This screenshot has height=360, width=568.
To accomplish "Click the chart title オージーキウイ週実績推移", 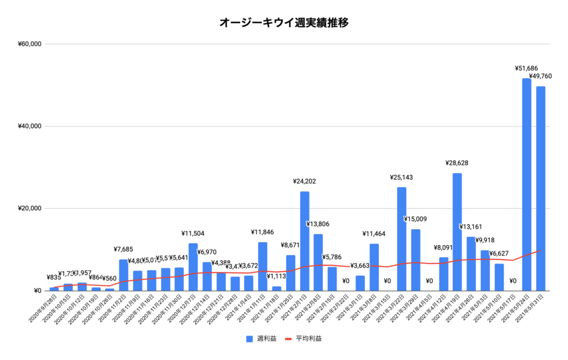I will [283, 23].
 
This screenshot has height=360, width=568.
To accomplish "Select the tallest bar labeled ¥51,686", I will [526, 184].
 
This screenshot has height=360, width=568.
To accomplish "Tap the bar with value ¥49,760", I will [540, 189].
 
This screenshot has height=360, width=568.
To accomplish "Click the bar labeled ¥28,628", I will [457, 232].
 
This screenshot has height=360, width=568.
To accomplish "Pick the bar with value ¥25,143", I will [402, 239].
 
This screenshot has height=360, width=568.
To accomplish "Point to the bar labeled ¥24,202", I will [305, 241].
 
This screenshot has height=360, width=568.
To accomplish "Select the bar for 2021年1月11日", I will [263, 266].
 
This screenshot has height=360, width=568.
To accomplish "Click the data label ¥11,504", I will [193, 234].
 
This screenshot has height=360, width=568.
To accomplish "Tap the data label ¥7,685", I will [123, 250].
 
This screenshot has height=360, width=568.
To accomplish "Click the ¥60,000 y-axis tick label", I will [31, 44].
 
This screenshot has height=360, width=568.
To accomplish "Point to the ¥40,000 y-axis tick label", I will [31, 126].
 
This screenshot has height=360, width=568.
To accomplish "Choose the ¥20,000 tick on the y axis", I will [31, 209].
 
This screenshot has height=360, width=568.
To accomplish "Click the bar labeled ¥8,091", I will [443, 273].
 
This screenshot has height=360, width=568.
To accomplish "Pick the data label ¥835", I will [53, 277].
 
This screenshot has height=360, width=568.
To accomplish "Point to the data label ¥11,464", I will [374, 234].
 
